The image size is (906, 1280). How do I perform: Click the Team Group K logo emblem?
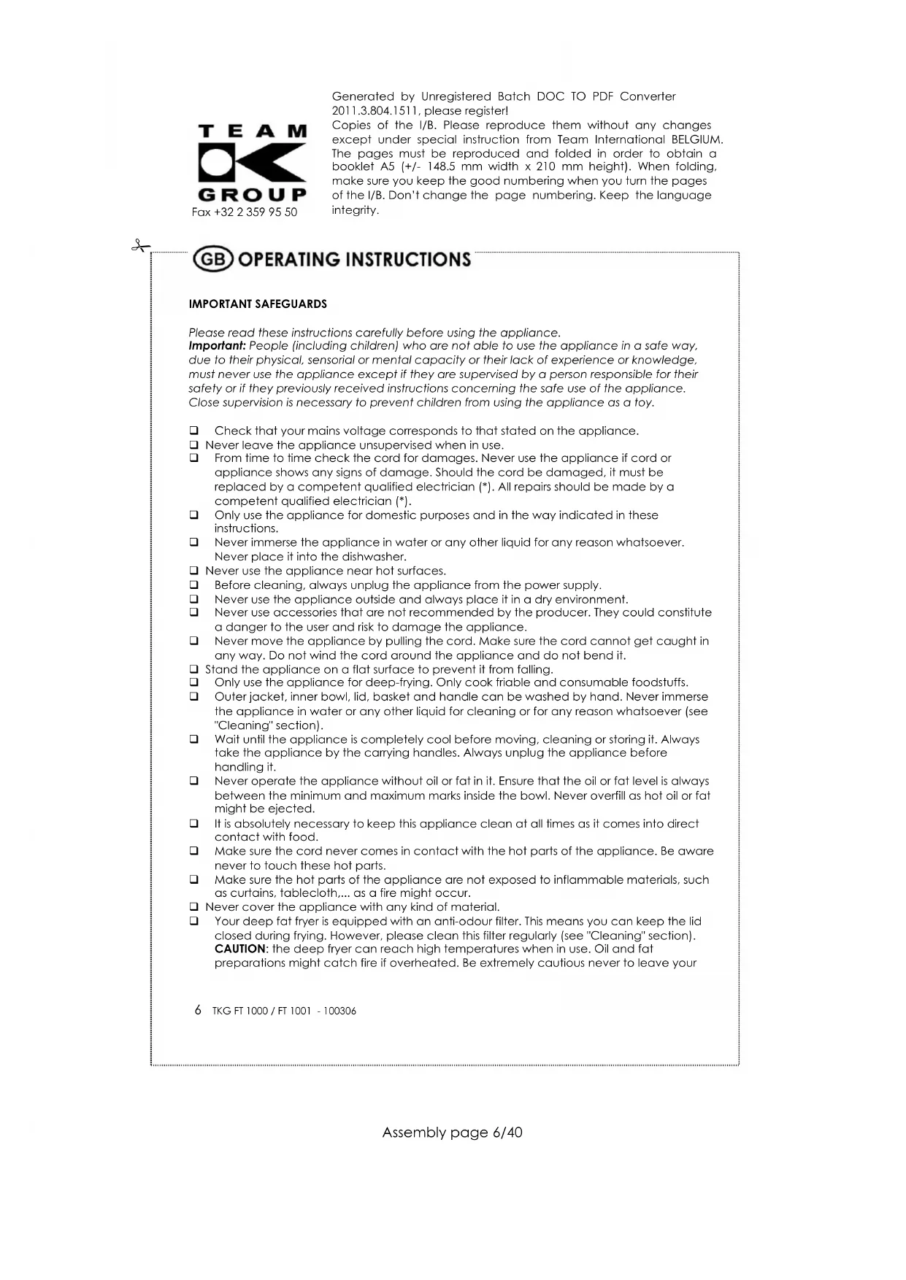click(x=252, y=163)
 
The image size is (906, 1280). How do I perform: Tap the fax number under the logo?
click(x=245, y=212)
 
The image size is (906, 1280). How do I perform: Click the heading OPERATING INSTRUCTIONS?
click(x=355, y=260)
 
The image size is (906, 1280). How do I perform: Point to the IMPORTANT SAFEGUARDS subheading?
click(x=258, y=304)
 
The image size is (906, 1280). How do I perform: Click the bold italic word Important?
click(x=217, y=346)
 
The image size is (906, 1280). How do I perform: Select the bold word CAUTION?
click(x=240, y=949)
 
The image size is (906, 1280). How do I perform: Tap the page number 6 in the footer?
click(x=199, y=1010)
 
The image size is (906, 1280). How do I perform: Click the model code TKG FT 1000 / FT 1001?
click(x=261, y=1011)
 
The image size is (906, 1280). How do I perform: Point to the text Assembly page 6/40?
click(x=452, y=1133)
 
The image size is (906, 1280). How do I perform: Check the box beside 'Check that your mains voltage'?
click(x=194, y=431)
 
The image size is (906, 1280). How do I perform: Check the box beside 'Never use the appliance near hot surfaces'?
click(x=194, y=571)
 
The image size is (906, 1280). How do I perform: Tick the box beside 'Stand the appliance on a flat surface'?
click(x=194, y=670)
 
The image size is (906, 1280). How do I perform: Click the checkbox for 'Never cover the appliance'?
click(x=194, y=908)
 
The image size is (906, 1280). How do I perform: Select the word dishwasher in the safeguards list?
click(x=374, y=557)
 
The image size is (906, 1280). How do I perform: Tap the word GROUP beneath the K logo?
click(x=252, y=195)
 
